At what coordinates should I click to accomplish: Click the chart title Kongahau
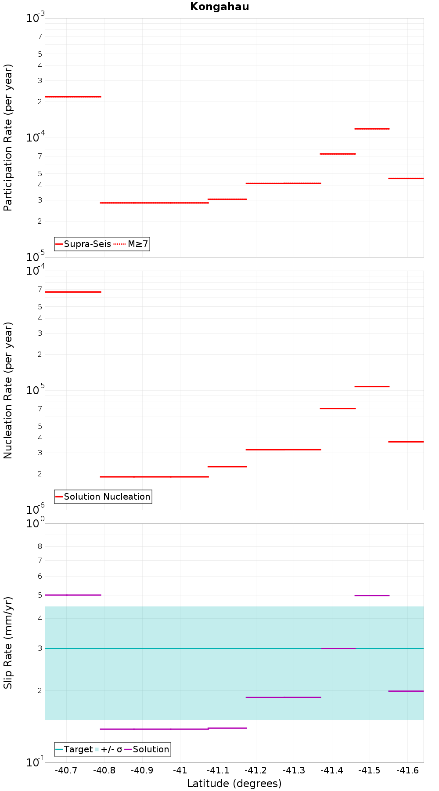tap(219, 7)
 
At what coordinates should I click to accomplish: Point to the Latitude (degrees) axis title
tap(234, 783)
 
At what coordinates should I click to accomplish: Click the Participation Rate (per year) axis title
tap(8, 138)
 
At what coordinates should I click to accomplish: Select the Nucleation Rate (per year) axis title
tap(8, 390)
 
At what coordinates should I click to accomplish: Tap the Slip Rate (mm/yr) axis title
tap(8, 642)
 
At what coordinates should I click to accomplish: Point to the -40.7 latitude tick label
tap(66, 770)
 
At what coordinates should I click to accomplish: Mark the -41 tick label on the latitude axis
tap(180, 770)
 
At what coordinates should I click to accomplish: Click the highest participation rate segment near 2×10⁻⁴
tap(73, 97)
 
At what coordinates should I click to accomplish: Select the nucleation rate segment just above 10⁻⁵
tap(372, 386)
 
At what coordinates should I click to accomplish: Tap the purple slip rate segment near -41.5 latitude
tap(372, 595)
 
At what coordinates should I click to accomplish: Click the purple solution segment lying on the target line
tap(338, 648)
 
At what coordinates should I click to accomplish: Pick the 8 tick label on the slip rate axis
tap(40, 546)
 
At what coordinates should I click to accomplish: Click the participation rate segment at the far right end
tap(406, 178)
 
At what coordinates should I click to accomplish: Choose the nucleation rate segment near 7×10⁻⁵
tap(73, 292)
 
